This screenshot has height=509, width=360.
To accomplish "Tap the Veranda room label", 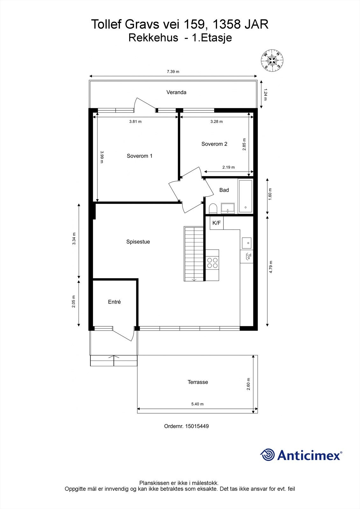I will click(176, 92).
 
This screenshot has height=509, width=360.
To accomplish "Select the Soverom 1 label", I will click(139, 156).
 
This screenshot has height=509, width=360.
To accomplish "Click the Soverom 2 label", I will click(214, 144).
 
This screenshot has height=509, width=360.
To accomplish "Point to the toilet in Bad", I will click(213, 209).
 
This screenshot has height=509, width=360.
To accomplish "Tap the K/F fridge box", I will click(216, 223).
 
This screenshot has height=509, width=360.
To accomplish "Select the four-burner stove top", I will click(212, 263).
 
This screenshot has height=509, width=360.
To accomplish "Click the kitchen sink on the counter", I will click(246, 243).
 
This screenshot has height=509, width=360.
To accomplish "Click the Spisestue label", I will click(138, 242).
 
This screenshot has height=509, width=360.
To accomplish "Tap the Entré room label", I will click(114, 302).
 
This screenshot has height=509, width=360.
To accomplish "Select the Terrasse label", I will click(198, 382).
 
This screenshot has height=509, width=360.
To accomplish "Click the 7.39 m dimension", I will click(173, 72).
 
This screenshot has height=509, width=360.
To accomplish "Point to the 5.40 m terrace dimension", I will click(197, 404).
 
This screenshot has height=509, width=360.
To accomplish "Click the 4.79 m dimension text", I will click(271, 267).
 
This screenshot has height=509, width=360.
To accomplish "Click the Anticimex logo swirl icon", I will click(267, 455).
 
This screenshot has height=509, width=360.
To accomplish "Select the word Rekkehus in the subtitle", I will click(153, 38).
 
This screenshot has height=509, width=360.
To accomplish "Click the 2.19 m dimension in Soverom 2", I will click(229, 167).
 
